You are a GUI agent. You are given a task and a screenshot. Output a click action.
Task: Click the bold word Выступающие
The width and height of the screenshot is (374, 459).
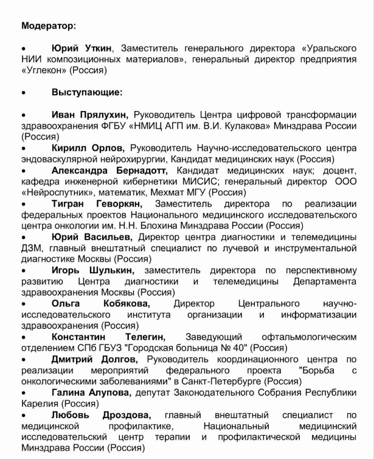(87, 93)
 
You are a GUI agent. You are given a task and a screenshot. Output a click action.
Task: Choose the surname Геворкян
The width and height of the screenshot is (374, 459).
(120, 203)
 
